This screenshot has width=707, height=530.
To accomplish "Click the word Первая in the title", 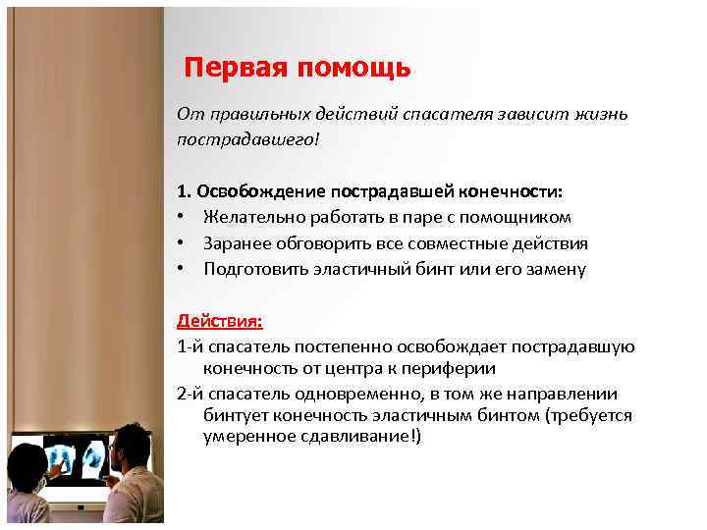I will coord(233,68).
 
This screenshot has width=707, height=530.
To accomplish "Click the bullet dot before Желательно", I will coord(183,217).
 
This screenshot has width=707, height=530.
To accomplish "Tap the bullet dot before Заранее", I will coord(183,243).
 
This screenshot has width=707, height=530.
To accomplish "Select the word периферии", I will coord(453,369).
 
